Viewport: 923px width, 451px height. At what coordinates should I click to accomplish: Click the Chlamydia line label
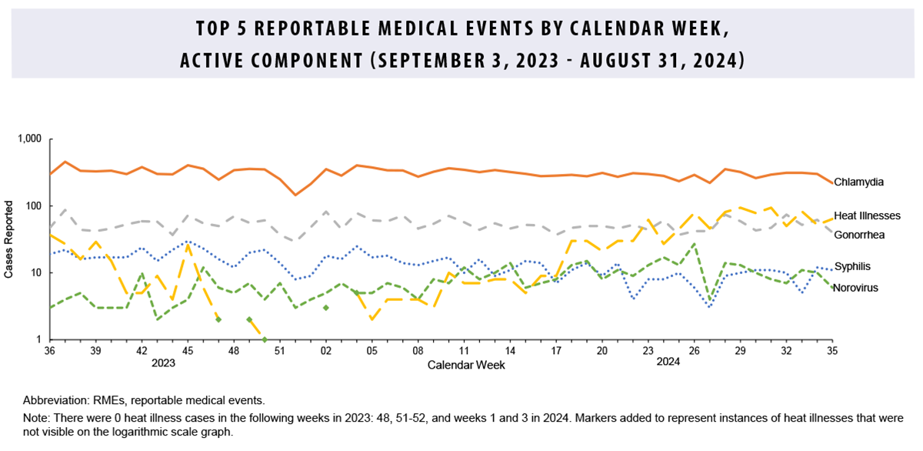tap(858, 182)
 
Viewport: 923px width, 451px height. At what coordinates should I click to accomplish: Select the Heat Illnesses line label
tap(867, 215)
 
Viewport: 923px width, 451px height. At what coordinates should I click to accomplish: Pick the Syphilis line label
tap(853, 266)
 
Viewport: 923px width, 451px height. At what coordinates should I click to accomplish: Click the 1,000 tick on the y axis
tap(29, 139)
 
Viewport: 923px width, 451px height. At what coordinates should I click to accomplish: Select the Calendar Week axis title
tap(466, 365)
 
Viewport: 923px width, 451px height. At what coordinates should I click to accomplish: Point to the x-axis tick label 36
tap(50, 351)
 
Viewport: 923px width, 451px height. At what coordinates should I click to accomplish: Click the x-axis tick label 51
tap(280, 351)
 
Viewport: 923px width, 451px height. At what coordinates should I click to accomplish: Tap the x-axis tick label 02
tap(326, 351)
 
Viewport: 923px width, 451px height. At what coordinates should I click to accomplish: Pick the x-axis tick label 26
tap(694, 351)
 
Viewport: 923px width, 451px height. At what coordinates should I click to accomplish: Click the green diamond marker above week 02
tap(326, 308)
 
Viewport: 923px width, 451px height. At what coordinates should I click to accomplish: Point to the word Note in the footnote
tap(35, 418)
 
